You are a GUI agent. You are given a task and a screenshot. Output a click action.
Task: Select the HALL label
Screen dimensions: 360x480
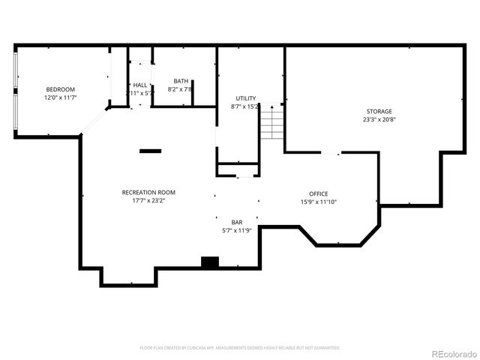[x=140, y=85]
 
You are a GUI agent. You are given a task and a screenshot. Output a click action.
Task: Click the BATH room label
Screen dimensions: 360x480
[x=181, y=81]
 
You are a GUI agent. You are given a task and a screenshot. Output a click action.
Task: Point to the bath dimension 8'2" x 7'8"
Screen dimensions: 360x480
[x=181, y=89]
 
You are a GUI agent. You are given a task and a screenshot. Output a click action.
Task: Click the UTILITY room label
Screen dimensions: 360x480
[x=245, y=98]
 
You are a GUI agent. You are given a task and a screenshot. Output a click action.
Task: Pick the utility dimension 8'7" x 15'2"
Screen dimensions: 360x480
[x=245, y=106]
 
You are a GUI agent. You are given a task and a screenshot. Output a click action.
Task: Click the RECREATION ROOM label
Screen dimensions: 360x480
[x=148, y=192]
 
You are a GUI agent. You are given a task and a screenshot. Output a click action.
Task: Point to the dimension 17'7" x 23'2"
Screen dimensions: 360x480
[x=148, y=200]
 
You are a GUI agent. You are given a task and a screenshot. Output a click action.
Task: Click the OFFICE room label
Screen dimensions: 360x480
[x=319, y=193]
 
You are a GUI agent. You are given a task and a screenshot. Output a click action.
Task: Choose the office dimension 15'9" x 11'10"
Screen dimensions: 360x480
[x=319, y=202]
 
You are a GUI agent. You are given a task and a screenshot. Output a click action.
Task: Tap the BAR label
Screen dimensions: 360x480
[x=237, y=222]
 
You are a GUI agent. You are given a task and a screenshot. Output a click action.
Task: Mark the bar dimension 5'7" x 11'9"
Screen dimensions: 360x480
[x=237, y=230]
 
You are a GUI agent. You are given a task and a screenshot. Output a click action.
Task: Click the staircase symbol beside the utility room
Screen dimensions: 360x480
[x=272, y=122]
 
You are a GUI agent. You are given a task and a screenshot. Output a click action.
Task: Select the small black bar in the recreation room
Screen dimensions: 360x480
[x=150, y=151]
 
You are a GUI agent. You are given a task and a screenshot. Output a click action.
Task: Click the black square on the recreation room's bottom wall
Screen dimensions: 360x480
[x=209, y=262]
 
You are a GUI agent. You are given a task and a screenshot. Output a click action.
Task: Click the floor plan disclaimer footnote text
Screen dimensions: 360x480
[x=240, y=348]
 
